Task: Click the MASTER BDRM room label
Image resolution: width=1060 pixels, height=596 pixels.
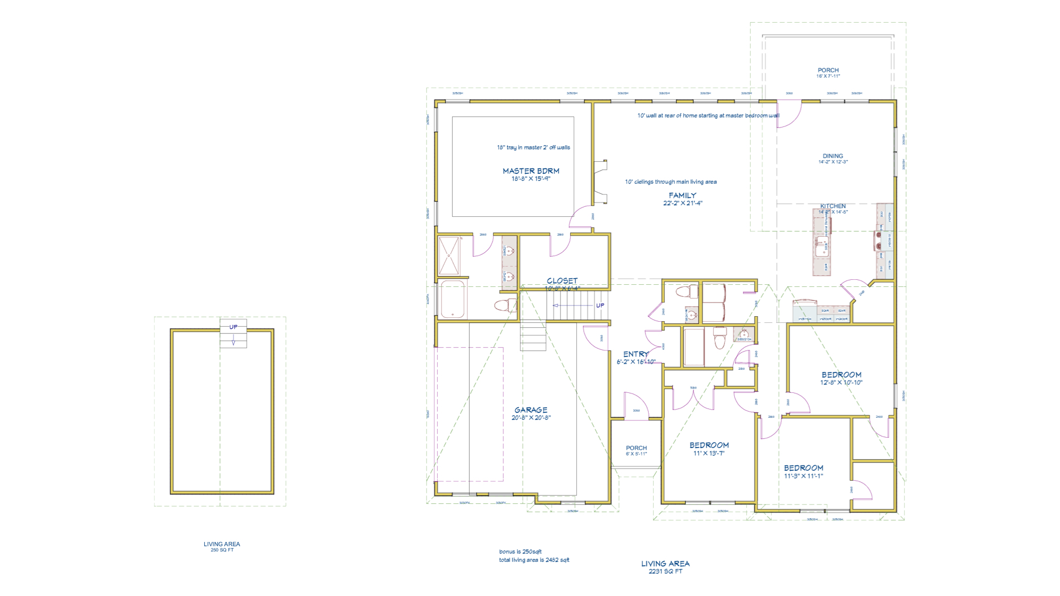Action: point(531,171)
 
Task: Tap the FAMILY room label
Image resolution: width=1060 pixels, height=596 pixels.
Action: point(682,195)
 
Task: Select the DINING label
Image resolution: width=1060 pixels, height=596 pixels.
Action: point(833,156)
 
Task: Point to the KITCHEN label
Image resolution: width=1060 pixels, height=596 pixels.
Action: point(833,206)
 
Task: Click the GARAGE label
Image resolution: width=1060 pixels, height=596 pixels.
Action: point(531,410)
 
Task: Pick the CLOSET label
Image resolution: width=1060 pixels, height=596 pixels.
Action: point(562,281)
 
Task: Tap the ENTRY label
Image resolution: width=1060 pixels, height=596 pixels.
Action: point(635,354)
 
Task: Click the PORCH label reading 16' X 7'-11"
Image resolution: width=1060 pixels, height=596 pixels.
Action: point(828,71)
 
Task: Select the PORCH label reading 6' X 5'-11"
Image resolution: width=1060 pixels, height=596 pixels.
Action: point(636,449)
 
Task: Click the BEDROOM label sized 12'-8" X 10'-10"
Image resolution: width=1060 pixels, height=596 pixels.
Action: point(841,375)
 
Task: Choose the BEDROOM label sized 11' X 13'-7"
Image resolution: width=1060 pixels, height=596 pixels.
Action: point(709,445)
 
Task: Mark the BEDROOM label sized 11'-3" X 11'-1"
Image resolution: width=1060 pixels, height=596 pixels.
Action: point(803,468)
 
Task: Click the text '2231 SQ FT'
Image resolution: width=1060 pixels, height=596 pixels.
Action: point(665,572)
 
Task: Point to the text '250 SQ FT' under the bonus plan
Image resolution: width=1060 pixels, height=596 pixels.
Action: point(222,550)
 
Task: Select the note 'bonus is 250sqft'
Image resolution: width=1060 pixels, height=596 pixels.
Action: point(520,552)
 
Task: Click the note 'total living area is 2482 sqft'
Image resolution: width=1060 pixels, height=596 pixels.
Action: point(534,560)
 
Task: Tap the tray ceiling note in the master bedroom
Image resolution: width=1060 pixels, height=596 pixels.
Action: point(533,147)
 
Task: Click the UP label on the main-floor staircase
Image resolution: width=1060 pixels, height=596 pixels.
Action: point(600,306)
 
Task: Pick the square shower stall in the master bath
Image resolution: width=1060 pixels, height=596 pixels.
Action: point(449,256)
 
